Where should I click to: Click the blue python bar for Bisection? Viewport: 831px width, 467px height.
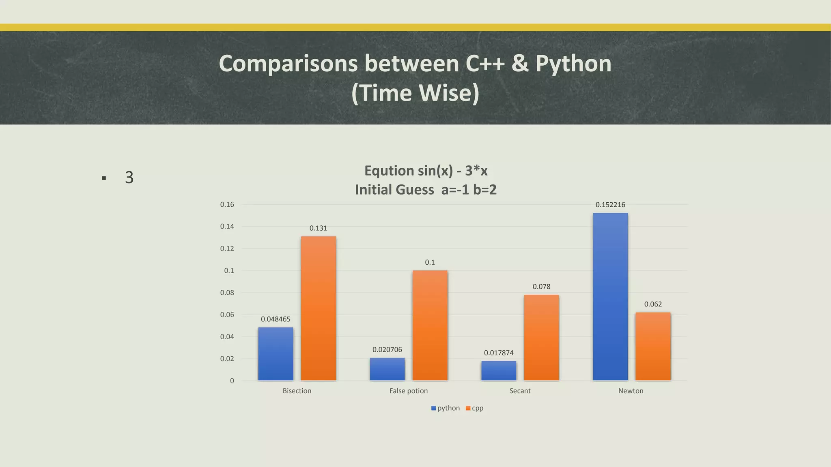tap(276, 353)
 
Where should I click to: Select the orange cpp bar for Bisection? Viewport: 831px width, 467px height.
tap(318, 308)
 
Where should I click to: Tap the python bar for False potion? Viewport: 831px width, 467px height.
tap(387, 369)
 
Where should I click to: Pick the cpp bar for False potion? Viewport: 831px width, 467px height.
tap(430, 325)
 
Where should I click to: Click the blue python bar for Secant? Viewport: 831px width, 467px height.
tap(499, 371)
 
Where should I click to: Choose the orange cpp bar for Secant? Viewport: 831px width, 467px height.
tap(541, 337)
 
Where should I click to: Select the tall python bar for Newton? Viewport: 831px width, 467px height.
tap(610, 296)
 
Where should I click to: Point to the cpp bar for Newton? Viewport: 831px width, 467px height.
tap(652, 346)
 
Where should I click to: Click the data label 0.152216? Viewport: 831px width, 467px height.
tap(610, 205)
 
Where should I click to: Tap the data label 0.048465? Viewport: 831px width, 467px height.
tap(276, 319)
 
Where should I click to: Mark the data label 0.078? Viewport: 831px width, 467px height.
tap(541, 287)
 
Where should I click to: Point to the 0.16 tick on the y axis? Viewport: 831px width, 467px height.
tap(227, 205)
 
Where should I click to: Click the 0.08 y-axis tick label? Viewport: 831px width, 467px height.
tap(227, 293)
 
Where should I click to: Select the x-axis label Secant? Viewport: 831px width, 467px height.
tap(520, 391)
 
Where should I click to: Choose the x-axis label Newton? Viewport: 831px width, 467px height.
tap(631, 391)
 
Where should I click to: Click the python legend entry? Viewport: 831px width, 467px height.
tap(446, 408)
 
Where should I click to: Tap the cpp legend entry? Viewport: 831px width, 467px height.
tap(475, 408)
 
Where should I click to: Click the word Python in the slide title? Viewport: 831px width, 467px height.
tap(573, 64)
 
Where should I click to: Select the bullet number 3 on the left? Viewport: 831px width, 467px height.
tap(129, 178)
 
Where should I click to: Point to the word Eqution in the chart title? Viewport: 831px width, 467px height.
tap(389, 171)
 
